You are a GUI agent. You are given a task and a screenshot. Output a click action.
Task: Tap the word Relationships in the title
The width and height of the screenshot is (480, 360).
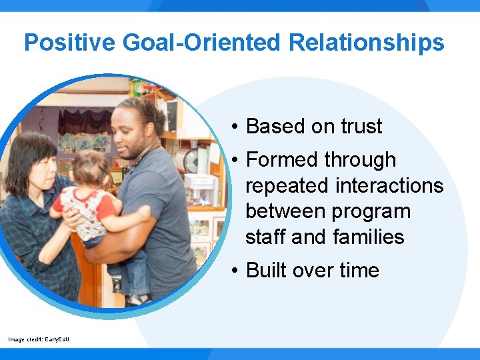[x=367, y=43]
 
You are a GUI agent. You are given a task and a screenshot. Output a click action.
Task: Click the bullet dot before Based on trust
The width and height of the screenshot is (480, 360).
[x=236, y=127]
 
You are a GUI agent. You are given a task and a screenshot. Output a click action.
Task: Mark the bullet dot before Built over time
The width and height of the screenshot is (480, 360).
[x=236, y=271]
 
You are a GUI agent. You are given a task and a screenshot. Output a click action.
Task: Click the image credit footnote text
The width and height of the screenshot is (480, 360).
[x=38, y=339]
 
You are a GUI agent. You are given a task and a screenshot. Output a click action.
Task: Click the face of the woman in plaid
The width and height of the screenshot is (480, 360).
[x=37, y=167]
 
